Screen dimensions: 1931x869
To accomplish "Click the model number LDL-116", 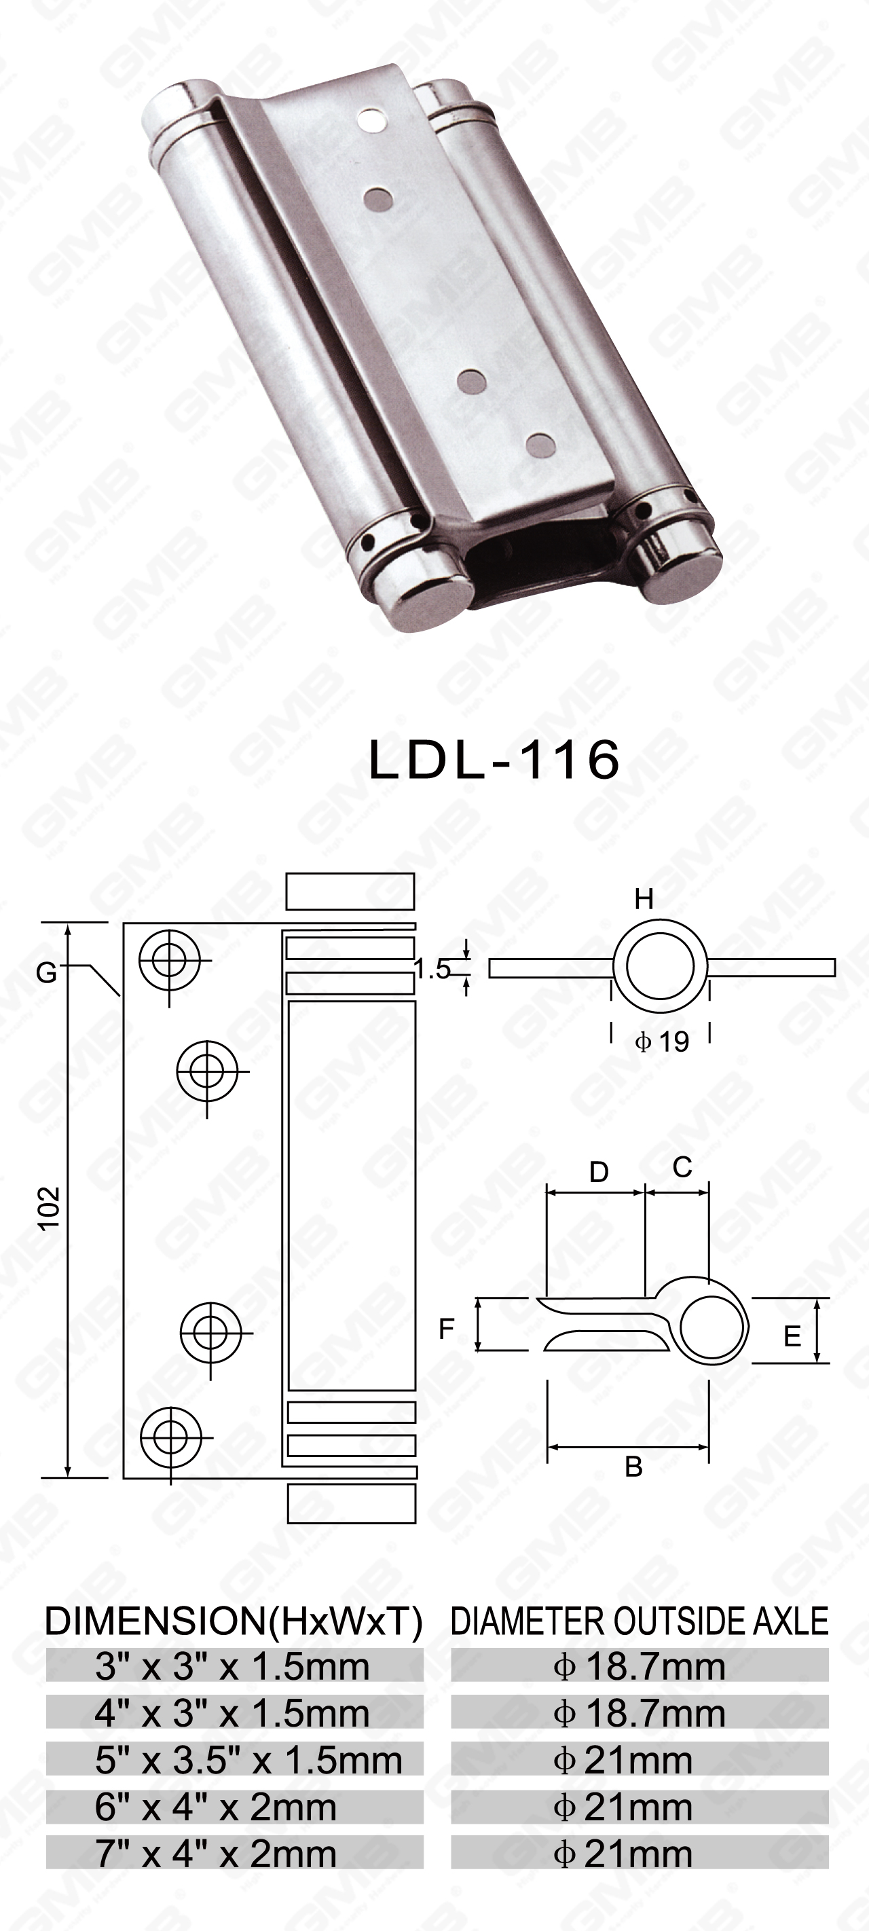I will pos(494,758).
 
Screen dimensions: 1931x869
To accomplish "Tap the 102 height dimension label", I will pos(50,1207).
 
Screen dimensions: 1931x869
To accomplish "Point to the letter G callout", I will pos(46,973).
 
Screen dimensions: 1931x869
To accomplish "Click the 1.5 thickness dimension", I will pos(432,970).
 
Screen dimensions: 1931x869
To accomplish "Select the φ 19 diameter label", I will pos(661,1042).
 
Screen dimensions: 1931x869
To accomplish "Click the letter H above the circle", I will pos(644,899).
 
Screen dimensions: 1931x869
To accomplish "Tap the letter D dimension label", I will pos(598,1172).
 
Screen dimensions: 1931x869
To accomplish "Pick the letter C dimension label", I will pos(682,1166).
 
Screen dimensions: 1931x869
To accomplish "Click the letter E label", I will pos(792,1336).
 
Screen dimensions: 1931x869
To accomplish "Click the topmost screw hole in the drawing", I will pos(170,959).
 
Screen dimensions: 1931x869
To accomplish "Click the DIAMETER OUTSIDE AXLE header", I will pos(640,1621).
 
